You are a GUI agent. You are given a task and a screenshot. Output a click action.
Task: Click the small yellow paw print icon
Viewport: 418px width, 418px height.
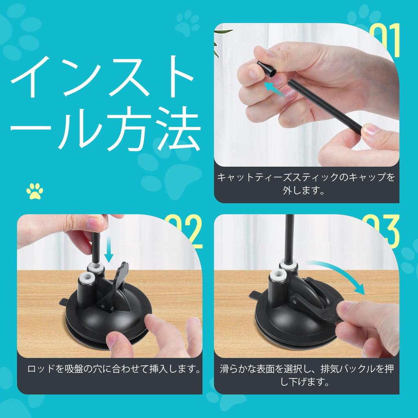pyautogui.click(x=35, y=191)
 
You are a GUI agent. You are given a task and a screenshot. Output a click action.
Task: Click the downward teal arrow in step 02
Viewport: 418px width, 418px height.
pyautogui.click(x=109, y=249)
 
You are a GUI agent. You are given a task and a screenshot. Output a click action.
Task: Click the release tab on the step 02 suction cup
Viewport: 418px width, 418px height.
pyautogui.click(x=64, y=302)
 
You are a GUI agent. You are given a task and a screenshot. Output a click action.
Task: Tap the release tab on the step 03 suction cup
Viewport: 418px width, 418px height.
pyautogui.click(x=255, y=294)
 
